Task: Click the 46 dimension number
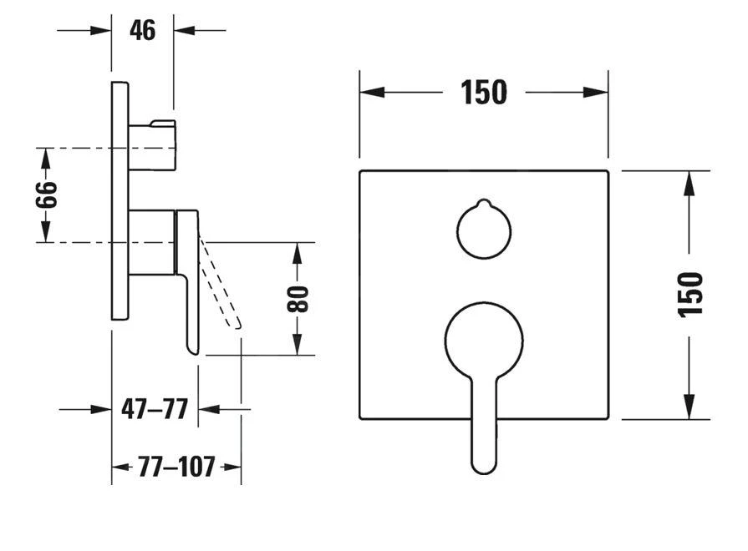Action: [x=143, y=31]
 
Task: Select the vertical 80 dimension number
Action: [x=298, y=299]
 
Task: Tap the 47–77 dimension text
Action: [x=155, y=410]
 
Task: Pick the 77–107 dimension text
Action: [x=176, y=467]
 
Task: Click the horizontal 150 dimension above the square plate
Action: [x=484, y=93]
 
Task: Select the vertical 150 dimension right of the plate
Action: [x=689, y=294]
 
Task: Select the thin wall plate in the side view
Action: [x=120, y=200]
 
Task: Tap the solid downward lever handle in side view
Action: [x=190, y=284]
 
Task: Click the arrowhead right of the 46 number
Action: [x=185, y=31]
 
